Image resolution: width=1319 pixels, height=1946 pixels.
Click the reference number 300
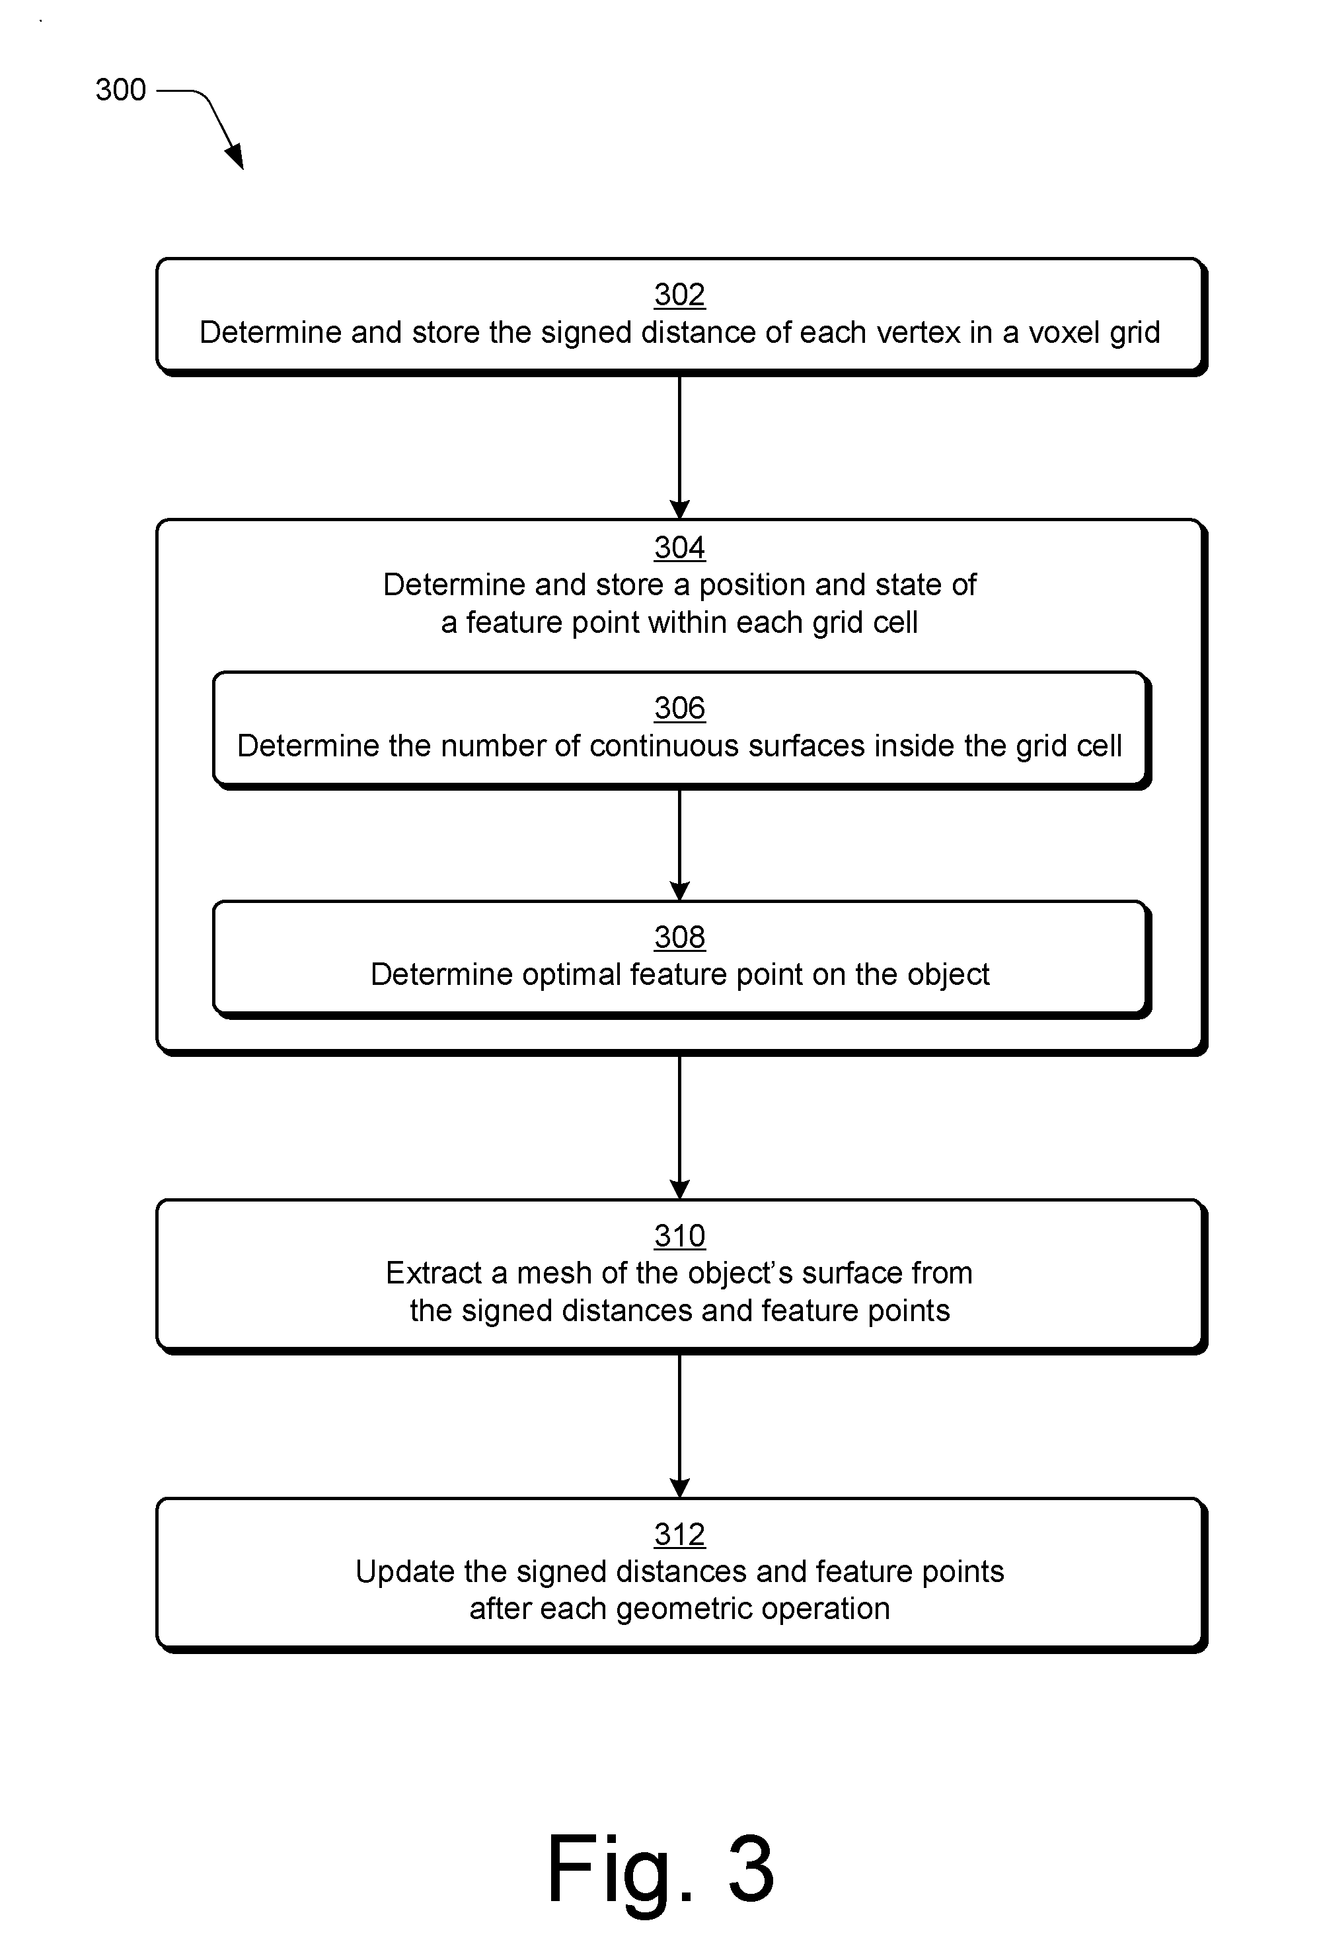click(120, 90)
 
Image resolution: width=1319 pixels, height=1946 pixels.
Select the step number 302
click(679, 294)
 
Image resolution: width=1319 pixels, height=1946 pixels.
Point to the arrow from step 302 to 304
click(679, 447)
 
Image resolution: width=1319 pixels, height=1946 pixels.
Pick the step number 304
click(679, 547)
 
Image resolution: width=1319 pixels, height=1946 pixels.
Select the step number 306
click(679, 707)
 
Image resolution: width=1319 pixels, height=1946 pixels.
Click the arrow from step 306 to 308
click(679, 845)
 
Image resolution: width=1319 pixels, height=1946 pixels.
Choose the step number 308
click(679, 937)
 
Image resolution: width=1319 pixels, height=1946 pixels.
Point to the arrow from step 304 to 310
click(679, 1127)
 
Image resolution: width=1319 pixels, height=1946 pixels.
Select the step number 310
click(679, 1235)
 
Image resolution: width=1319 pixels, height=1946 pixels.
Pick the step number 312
click(679, 1534)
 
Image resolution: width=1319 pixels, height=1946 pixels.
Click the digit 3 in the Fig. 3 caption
click(751, 1867)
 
